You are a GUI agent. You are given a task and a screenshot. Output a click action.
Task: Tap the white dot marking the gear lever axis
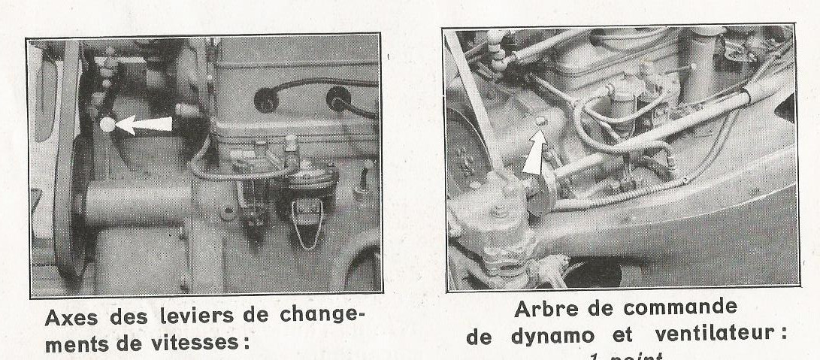click(x=107, y=125)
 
